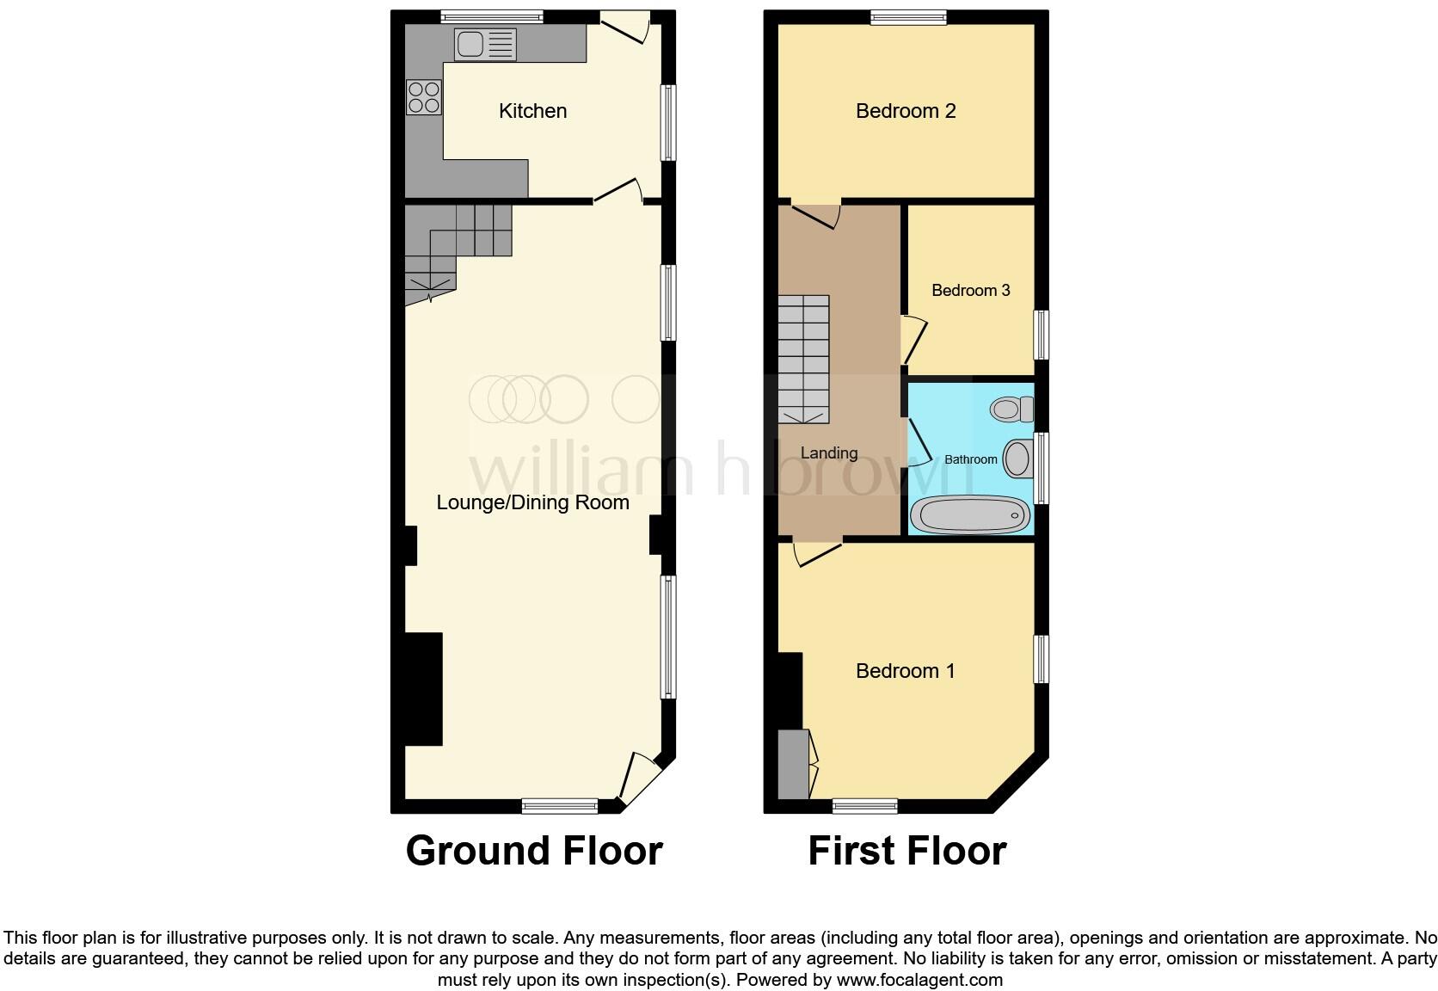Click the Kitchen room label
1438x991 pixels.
click(x=532, y=111)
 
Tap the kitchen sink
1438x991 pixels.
click(x=485, y=44)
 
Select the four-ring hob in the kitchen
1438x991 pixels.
click(x=423, y=96)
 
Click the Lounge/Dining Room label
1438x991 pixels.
click(x=532, y=502)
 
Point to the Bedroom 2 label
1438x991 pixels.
click(x=906, y=111)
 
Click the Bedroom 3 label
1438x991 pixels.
click(x=970, y=290)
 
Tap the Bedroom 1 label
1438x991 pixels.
click(x=905, y=671)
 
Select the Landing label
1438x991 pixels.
click(x=828, y=453)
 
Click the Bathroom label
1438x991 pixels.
click(x=970, y=459)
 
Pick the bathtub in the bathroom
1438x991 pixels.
click(x=969, y=515)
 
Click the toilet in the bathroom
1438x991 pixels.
click(x=1011, y=409)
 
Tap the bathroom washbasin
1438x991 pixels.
click(x=1017, y=458)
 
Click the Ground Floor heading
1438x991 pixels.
click(x=533, y=851)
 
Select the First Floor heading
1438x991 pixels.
click(x=906, y=851)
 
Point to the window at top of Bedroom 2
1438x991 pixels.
click(x=908, y=16)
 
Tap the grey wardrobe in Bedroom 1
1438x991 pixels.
click(x=793, y=764)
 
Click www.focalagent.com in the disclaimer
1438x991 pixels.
click(x=919, y=979)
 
